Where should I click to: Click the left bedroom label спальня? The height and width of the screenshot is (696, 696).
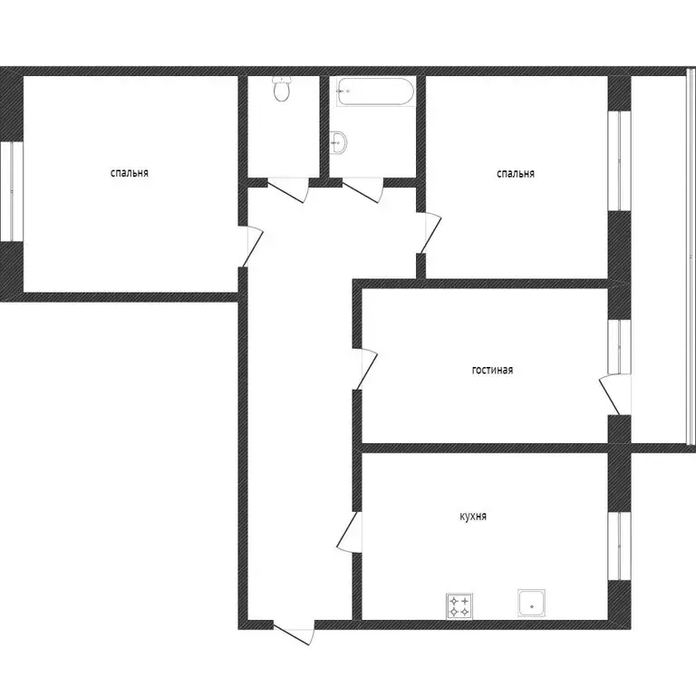130,172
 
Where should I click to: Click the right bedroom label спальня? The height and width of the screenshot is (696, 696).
515,173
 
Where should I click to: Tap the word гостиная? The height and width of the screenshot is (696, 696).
493,370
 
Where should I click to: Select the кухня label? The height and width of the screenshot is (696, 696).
473,517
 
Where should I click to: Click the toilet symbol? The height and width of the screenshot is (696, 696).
282,90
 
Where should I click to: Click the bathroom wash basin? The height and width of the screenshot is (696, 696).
339,141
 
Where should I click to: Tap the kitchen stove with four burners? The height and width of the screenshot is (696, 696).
459,605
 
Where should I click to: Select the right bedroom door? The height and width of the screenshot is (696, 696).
430,234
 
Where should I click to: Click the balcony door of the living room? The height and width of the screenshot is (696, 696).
612,395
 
